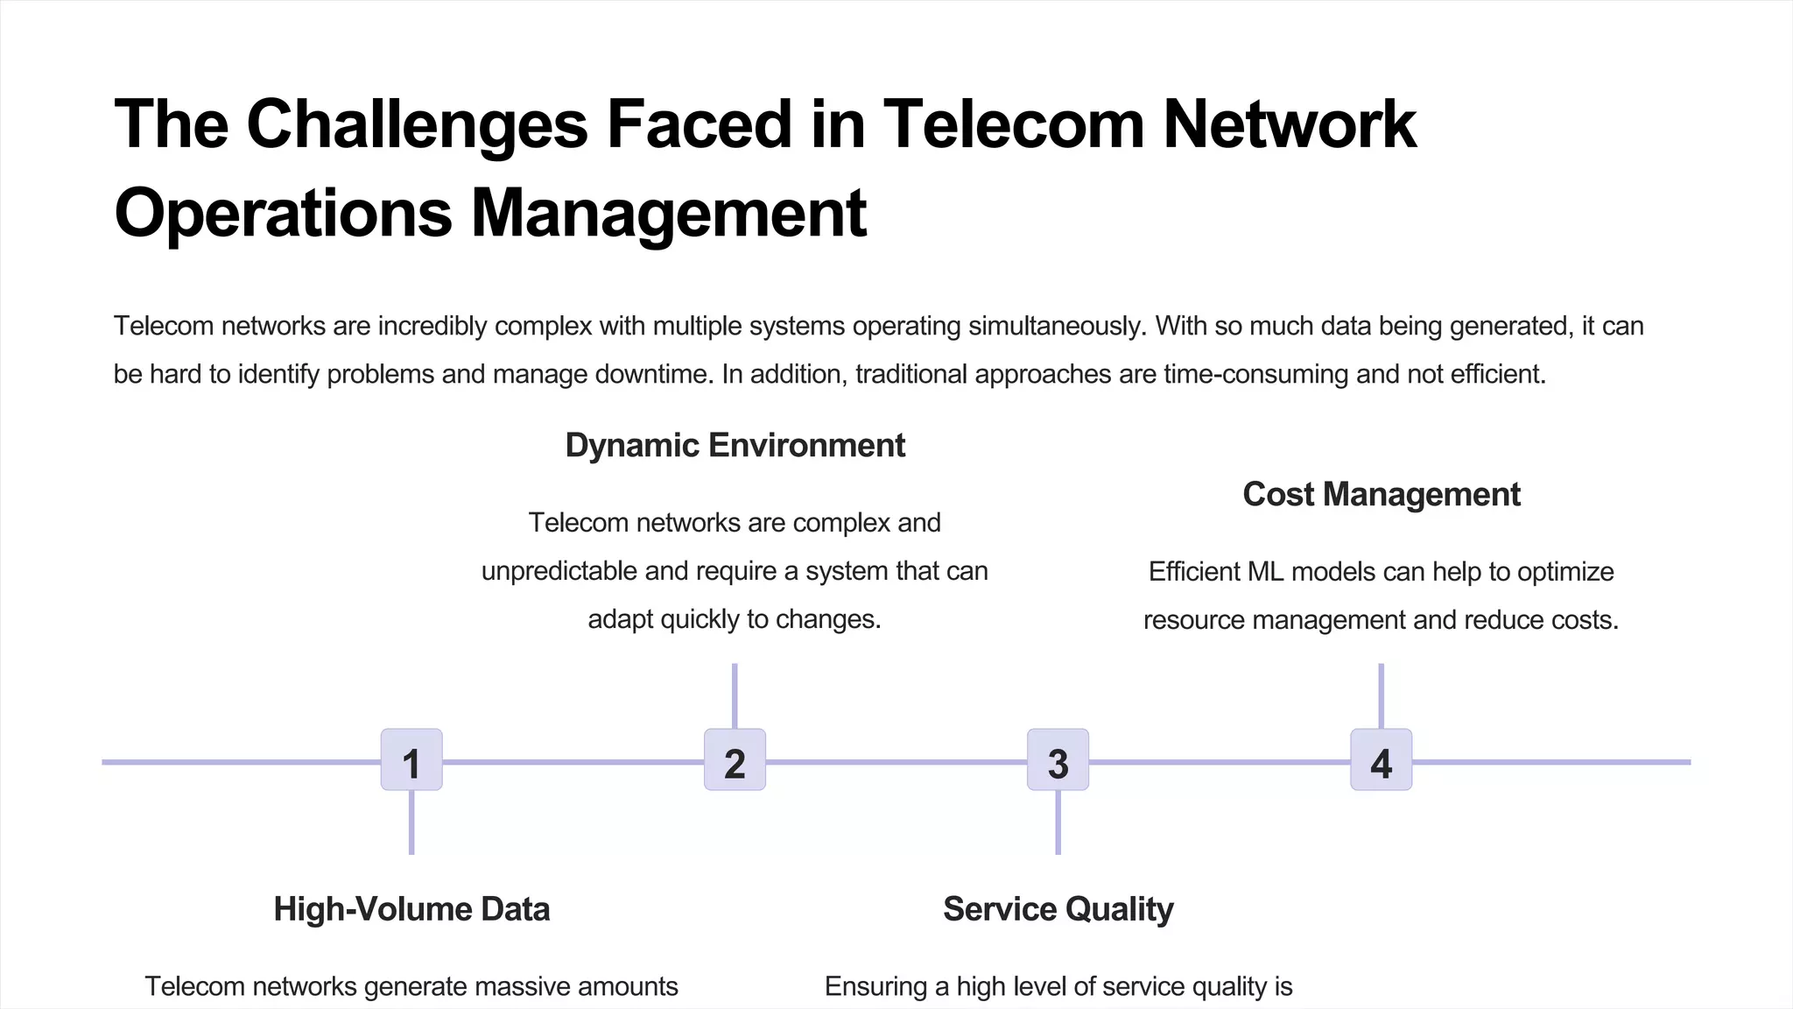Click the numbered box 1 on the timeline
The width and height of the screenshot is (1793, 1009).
click(x=411, y=760)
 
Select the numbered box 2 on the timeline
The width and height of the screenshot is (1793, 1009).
click(x=735, y=760)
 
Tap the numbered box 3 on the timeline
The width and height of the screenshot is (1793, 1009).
click(x=1058, y=760)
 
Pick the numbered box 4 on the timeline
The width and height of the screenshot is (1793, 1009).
click(x=1381, y=760)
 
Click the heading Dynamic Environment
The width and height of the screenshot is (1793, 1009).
click(x=735, y=446)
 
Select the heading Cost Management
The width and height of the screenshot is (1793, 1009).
click(x=1381, y=495)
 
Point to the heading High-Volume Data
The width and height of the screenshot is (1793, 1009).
click(x=411, y=909)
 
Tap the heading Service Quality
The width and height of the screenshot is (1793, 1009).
click(x=1058, y=909)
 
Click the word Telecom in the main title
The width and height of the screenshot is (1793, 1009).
click(x=1014, y=124)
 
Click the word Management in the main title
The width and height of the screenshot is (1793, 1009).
click(x=669, y=213)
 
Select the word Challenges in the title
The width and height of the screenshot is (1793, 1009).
click(x=417, y=124)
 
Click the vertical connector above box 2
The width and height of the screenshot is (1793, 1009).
click(x=735, y=695)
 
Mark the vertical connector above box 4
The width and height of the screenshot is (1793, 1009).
click(x=1381, y=695)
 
